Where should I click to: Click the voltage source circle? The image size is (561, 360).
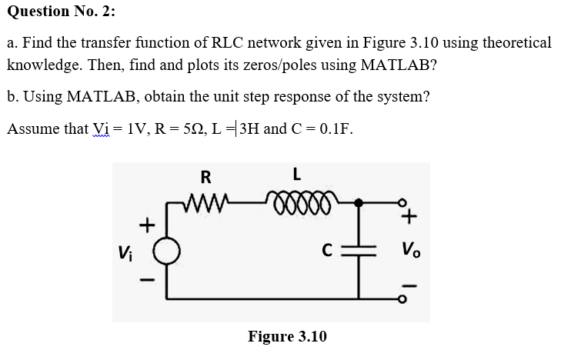tap(169, 250)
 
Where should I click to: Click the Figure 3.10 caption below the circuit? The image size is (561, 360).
tap(287, 336)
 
